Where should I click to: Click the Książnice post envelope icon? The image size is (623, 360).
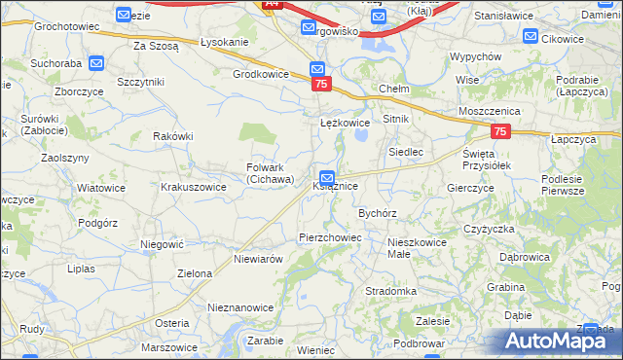click(x=328, y=178)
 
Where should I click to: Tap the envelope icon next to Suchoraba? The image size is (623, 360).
click(x=96, y=64)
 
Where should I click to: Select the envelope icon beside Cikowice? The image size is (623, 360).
click(x=531, y=37)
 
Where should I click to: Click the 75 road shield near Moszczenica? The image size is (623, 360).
click(x=500, y=131)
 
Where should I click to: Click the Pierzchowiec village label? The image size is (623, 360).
click(x=330, y=237)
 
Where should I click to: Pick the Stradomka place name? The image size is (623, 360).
click(x=391, y=291)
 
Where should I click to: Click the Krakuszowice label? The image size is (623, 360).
click(x=194, y=186)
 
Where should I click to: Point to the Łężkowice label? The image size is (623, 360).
click(x=346, y=124)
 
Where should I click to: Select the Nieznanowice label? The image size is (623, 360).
click(x=240, y=307)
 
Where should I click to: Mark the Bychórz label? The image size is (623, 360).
click(x=378, y=212)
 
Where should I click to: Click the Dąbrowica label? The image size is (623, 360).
click(x=525, y=258)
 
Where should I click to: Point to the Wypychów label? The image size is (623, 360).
click(x=475, y=57)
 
